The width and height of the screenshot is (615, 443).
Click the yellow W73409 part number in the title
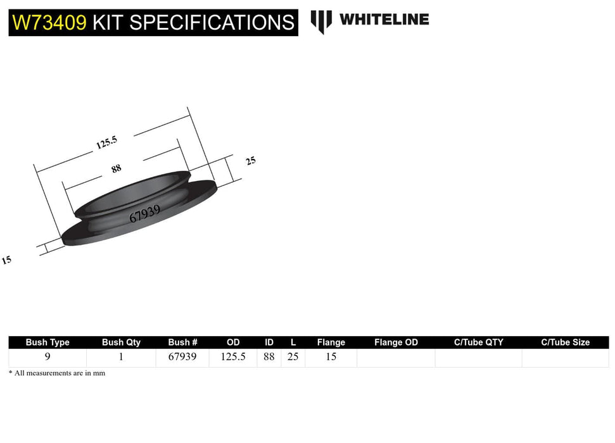click(49, 23)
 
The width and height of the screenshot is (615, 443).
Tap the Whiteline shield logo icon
click(321, 21)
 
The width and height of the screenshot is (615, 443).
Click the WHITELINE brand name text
click(384, 20)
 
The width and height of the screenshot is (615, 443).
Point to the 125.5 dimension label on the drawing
click(107, 142)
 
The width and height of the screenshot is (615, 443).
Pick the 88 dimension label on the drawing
click(116, 168)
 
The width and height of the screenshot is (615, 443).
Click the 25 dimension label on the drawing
click(251, 161)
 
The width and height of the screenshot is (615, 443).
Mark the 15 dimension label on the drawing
click(6, 259)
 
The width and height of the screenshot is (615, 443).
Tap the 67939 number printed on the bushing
click(144, 213)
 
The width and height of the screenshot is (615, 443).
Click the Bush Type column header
click(48, 342)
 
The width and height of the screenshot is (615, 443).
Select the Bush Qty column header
click(121, 342)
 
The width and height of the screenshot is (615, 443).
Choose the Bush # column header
click(182, 342)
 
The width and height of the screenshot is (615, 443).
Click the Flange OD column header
click(396, 342)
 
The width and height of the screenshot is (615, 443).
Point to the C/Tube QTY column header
click(478, 342)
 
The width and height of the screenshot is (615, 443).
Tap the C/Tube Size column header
click(565, 342)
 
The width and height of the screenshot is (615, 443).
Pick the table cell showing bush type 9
click(48, 357)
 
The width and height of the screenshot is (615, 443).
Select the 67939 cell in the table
click(182, 357)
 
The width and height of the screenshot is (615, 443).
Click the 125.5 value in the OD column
click(232, 357)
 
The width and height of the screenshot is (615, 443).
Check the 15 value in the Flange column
click(331, 357)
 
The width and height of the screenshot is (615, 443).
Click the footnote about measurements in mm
click(57, 373)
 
